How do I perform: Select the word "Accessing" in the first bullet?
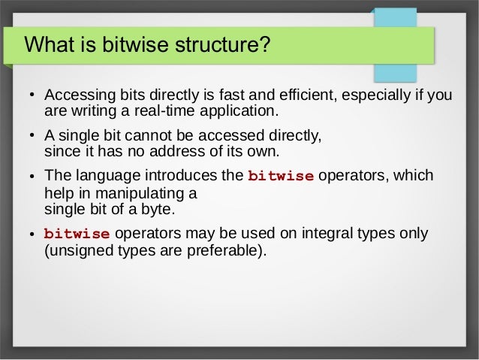78,96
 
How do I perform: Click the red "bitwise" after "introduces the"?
281,177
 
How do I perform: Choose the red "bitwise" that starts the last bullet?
77,234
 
